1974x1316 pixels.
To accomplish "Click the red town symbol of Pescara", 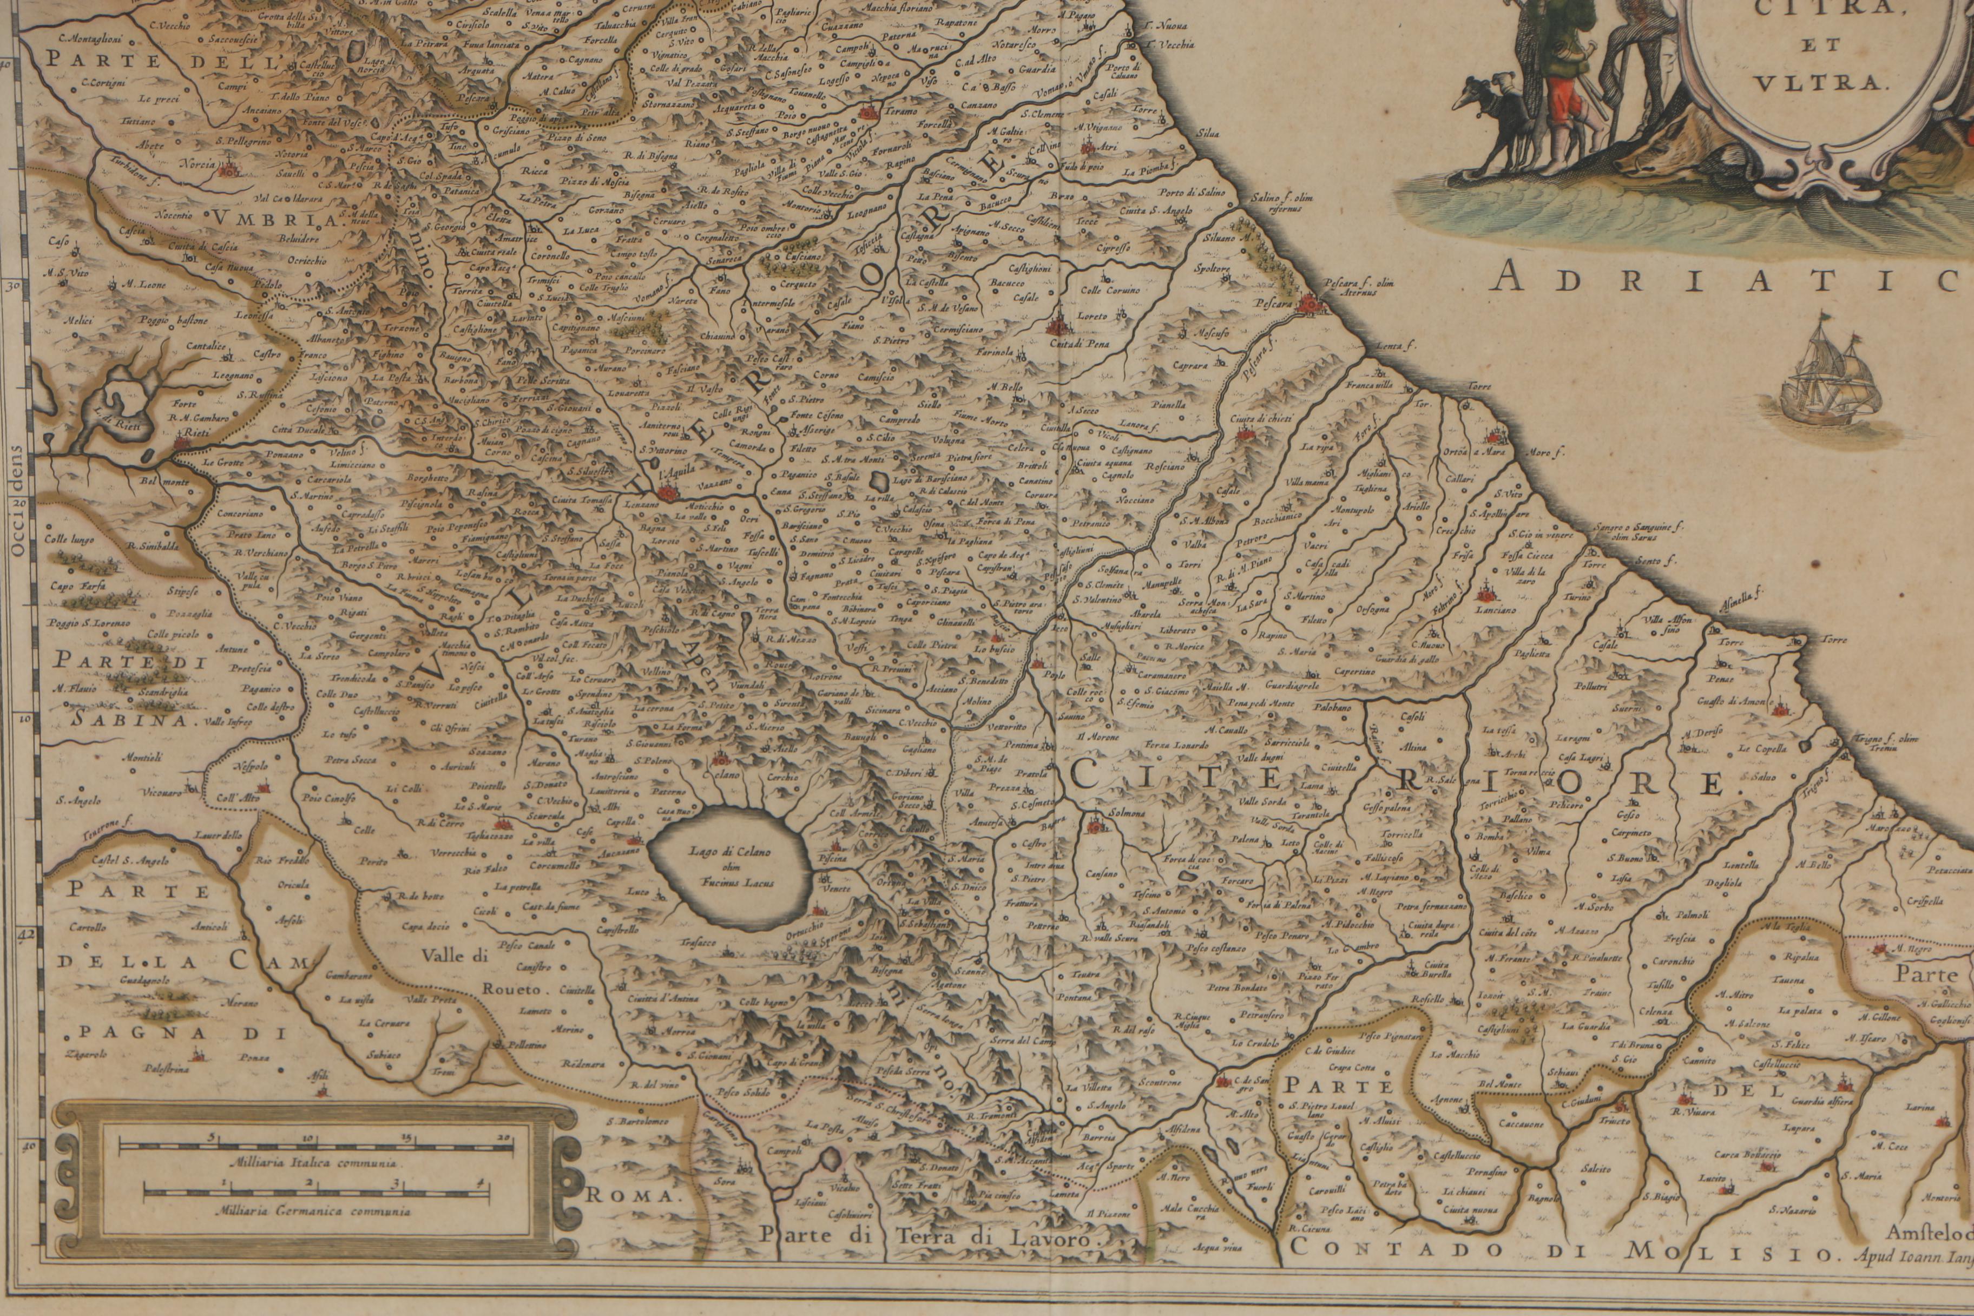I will (x=1310, y=307).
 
